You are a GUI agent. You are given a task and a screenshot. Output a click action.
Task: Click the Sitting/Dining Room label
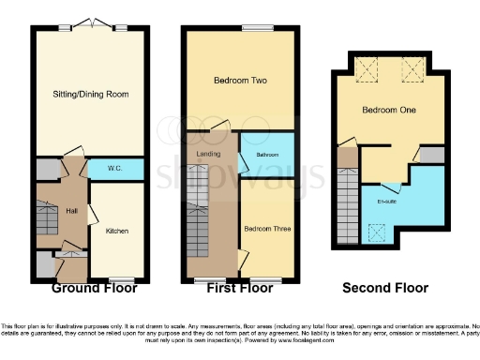pos(91,95)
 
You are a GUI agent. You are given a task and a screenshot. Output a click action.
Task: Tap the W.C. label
pos(115,169)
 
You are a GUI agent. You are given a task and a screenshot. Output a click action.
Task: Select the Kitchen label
pos(116,230)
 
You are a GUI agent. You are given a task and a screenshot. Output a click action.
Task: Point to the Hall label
pos(45,211)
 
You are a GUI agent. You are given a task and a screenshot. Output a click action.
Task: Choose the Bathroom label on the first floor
pos(265,155)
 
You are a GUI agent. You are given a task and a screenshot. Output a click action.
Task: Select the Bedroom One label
pos(388,111)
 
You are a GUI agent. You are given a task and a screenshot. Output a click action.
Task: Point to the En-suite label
pos(386,201)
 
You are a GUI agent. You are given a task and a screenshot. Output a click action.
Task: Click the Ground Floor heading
pos(89,288)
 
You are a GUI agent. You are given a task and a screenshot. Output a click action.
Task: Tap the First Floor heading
pos(239,288)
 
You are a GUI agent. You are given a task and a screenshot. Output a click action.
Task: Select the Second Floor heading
pos(385,288)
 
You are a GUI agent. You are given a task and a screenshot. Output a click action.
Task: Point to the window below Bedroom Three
pos(264,278)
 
